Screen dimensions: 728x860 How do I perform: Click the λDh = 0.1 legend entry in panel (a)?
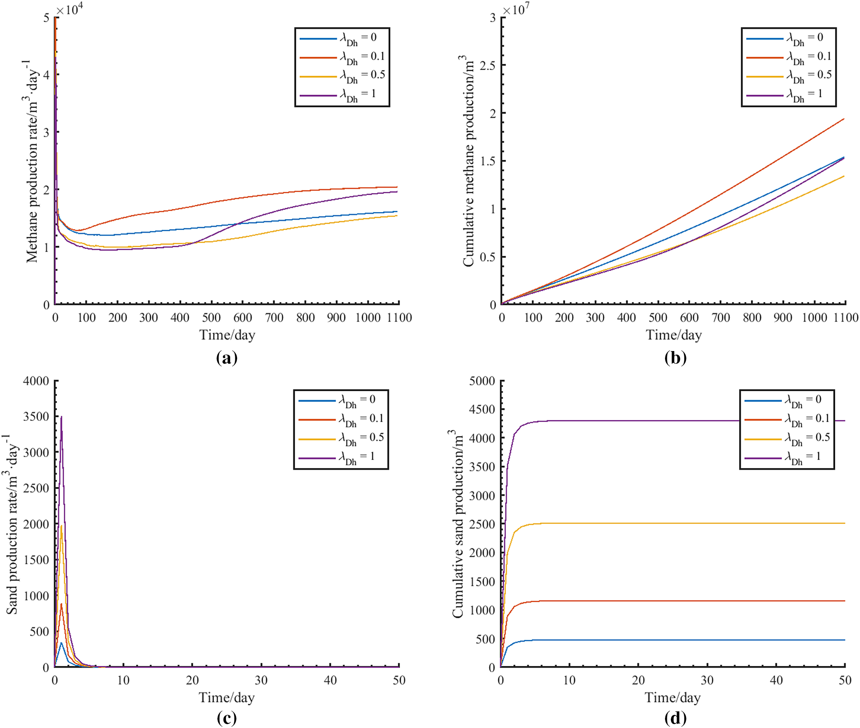coord(342,57)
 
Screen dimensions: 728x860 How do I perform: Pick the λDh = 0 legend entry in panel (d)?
coord(787,400)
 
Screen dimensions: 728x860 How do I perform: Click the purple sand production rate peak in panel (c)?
coord(62,417)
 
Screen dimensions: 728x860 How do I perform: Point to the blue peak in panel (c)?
coord(62,642)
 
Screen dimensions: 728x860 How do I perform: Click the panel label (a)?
coord(227,357)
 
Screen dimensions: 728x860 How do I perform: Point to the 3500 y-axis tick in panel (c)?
coord(36,416)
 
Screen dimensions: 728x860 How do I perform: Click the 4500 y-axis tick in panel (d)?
coord(482,409)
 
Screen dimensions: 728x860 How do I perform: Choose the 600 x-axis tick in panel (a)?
coord(243,318)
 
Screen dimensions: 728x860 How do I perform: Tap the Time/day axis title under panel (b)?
coord(674,335)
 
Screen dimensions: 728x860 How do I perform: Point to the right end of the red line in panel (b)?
coord(844,119)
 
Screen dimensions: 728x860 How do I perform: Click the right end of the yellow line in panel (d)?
coord(844,523)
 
